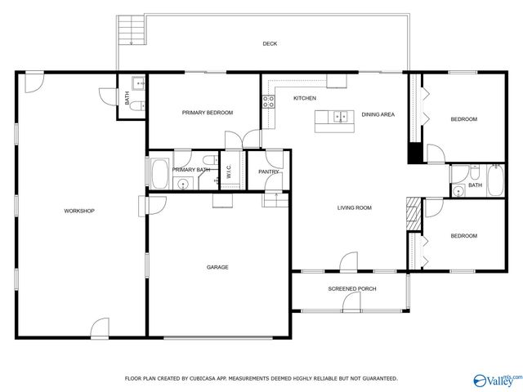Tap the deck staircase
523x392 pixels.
pyautogui.click(x=127, y=33)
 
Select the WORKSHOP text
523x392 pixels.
pyautogui.click(x=79, y=211)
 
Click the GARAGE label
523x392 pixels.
pyautogui.click(x=217, y=267)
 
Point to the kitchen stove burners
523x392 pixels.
pyautogui.click(x=267, y=102)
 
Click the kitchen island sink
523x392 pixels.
pyautogui.click(x=340, y=116)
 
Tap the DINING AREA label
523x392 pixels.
pyautogui.click(x=378, y=114)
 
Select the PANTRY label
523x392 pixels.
pyautogui.click(x=268, y=171)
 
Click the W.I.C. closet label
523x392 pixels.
pyautogui.click(x=230, y=173)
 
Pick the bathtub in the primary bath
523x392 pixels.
pyautogui.click(x=159, y=173)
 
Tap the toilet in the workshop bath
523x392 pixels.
pyautogui.click(x=139, y=82)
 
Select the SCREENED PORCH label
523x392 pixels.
pyautogui.click(x=352, y=289)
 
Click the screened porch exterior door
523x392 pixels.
pyautogui.click(x=352, y=304)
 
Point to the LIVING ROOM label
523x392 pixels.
pyautogui.click(x=354, y=208)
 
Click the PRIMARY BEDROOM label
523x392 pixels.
pyautogui.click(x=207, y=113)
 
